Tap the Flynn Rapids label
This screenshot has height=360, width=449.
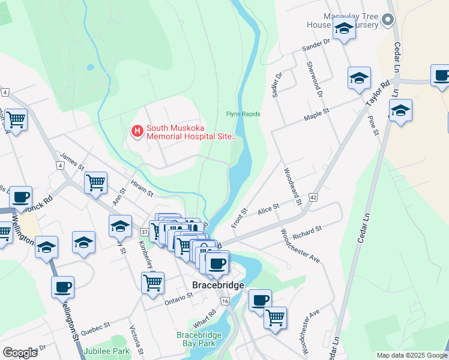(243, 114)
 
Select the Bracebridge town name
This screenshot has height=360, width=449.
(218, 285)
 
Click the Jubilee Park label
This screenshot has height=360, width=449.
(107, 350)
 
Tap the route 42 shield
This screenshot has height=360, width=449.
(314, 197)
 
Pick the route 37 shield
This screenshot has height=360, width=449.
(144, 232)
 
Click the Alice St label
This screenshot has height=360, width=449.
(268, 208)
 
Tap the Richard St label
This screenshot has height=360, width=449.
(308, 230)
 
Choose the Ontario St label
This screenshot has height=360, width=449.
(179, 296)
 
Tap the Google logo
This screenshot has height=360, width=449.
(20, 352)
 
